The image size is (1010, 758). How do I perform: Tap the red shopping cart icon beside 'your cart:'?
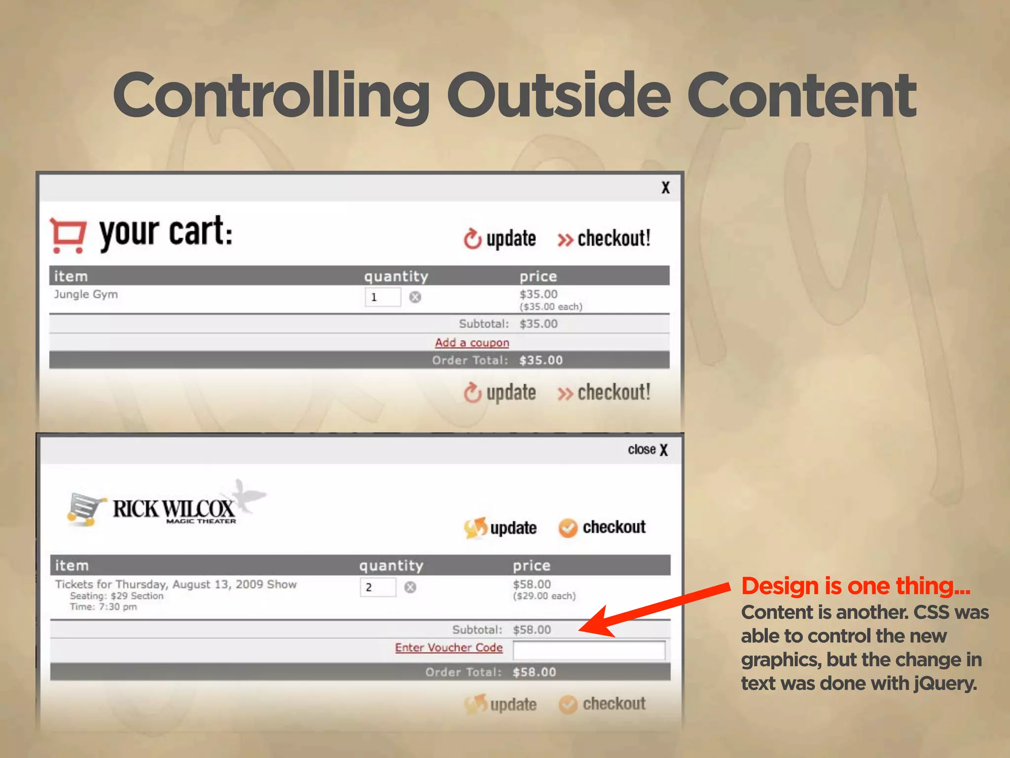68,235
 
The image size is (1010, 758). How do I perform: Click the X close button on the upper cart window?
665,188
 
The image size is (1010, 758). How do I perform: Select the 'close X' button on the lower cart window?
648,450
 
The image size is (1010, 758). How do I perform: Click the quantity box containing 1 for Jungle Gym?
382,297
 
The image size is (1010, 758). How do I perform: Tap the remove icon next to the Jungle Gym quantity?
415,297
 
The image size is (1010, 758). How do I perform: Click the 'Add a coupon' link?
472,342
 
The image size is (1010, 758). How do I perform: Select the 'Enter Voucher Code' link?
449,647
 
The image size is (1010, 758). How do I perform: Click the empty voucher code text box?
589,650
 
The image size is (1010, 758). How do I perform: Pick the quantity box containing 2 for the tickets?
378,587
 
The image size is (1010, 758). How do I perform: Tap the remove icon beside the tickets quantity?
410,587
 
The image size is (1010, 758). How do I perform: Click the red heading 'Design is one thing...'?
856,586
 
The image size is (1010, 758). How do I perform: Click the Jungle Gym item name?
86,295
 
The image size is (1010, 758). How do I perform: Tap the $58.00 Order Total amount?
534,672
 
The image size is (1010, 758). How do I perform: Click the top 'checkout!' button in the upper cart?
605,239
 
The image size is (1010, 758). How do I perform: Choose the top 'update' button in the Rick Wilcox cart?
501,528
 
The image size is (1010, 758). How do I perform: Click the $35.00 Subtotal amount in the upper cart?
538,324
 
